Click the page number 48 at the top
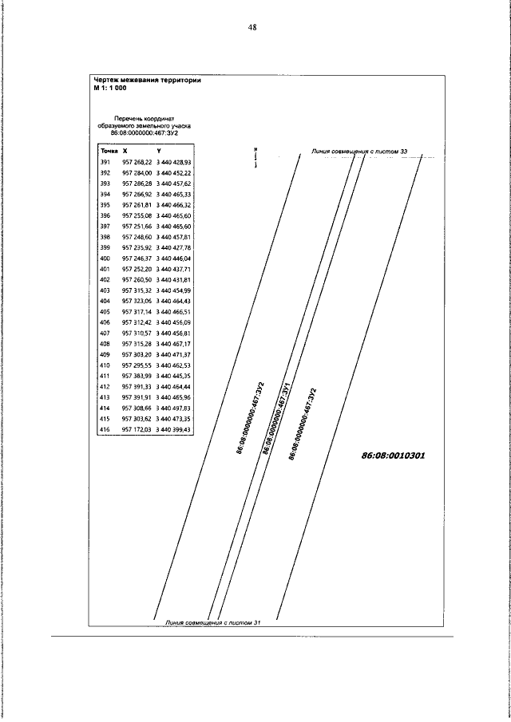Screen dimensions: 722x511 click(x=252, y=27)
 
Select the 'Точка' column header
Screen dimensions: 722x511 click(x=107, y=150)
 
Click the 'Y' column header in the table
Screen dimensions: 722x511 click(x=159, y=150)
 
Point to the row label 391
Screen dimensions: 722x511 click(x=104, y=161)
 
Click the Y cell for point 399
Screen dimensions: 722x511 click(x=174, y=248)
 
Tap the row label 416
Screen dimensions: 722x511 click(x=104, y=430)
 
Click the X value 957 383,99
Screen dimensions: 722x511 click(x=137, y=376)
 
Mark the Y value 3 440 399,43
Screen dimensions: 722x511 click(x=174, y=430)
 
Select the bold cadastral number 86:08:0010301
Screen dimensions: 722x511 click(x=393, y=456)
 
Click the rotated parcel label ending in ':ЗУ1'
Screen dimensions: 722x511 click(x=276, y=419)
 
